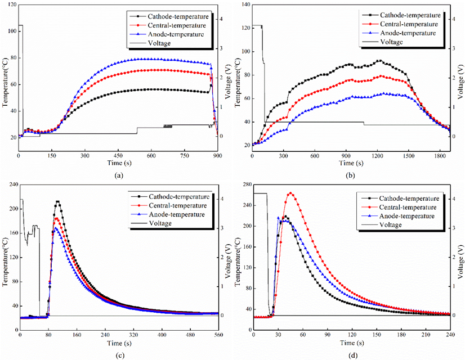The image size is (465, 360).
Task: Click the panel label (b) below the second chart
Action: tap(350, 175)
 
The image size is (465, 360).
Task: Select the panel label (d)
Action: tap(350, 354)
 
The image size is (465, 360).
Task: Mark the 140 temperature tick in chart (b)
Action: tap(244, 4)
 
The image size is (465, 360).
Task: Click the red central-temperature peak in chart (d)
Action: tap(290, 193)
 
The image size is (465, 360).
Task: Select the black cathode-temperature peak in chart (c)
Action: tap(57, 201)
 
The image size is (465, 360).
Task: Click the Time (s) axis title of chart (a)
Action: tap(118, 163)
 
